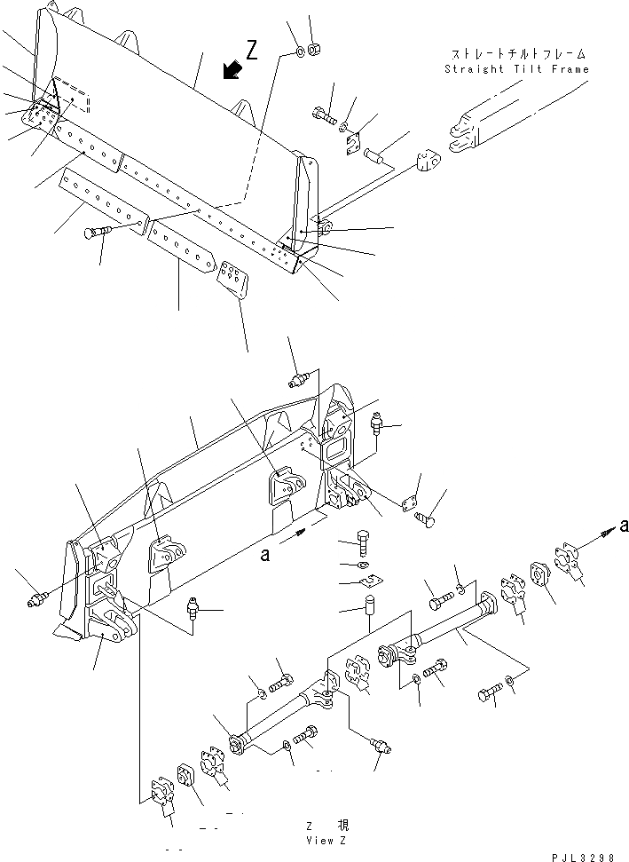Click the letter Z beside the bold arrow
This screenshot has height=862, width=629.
[253, 52]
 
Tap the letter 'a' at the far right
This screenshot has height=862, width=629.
[624, 525]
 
